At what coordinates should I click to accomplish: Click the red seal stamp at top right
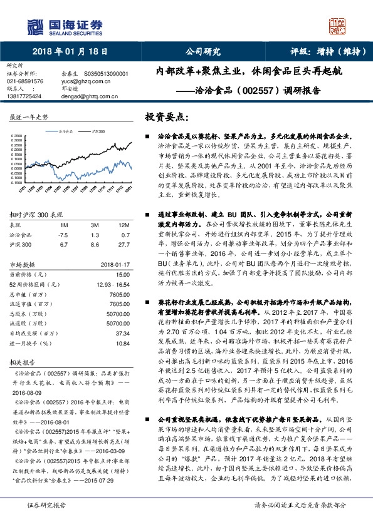click(x=338, y=26)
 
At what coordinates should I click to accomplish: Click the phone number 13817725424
click(x=24, y=96)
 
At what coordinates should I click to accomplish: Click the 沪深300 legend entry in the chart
click(x=95, y=132)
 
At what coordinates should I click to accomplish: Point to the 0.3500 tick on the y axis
click(x=18, y=135)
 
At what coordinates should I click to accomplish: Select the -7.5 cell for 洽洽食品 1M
click(x=63, y=233)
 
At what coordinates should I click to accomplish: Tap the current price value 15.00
click(x=122, y=274)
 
